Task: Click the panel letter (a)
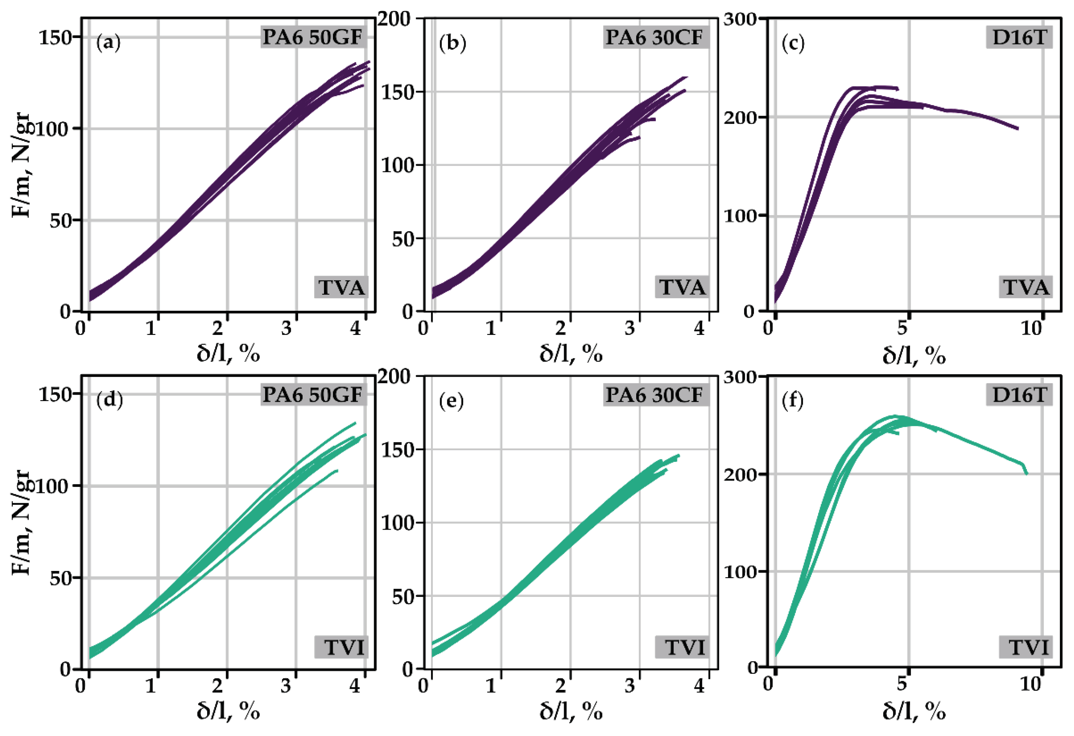coord(108,43)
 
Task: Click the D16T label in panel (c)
coord(1019,37)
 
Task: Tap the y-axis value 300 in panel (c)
coord(740,19)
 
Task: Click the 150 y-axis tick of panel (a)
coord(55,37)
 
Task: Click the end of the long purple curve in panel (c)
coord(1018,129)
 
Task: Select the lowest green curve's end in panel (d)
coord(337,471)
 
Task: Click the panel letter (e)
coord(451,400)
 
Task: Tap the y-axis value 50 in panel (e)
coord(403,597)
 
